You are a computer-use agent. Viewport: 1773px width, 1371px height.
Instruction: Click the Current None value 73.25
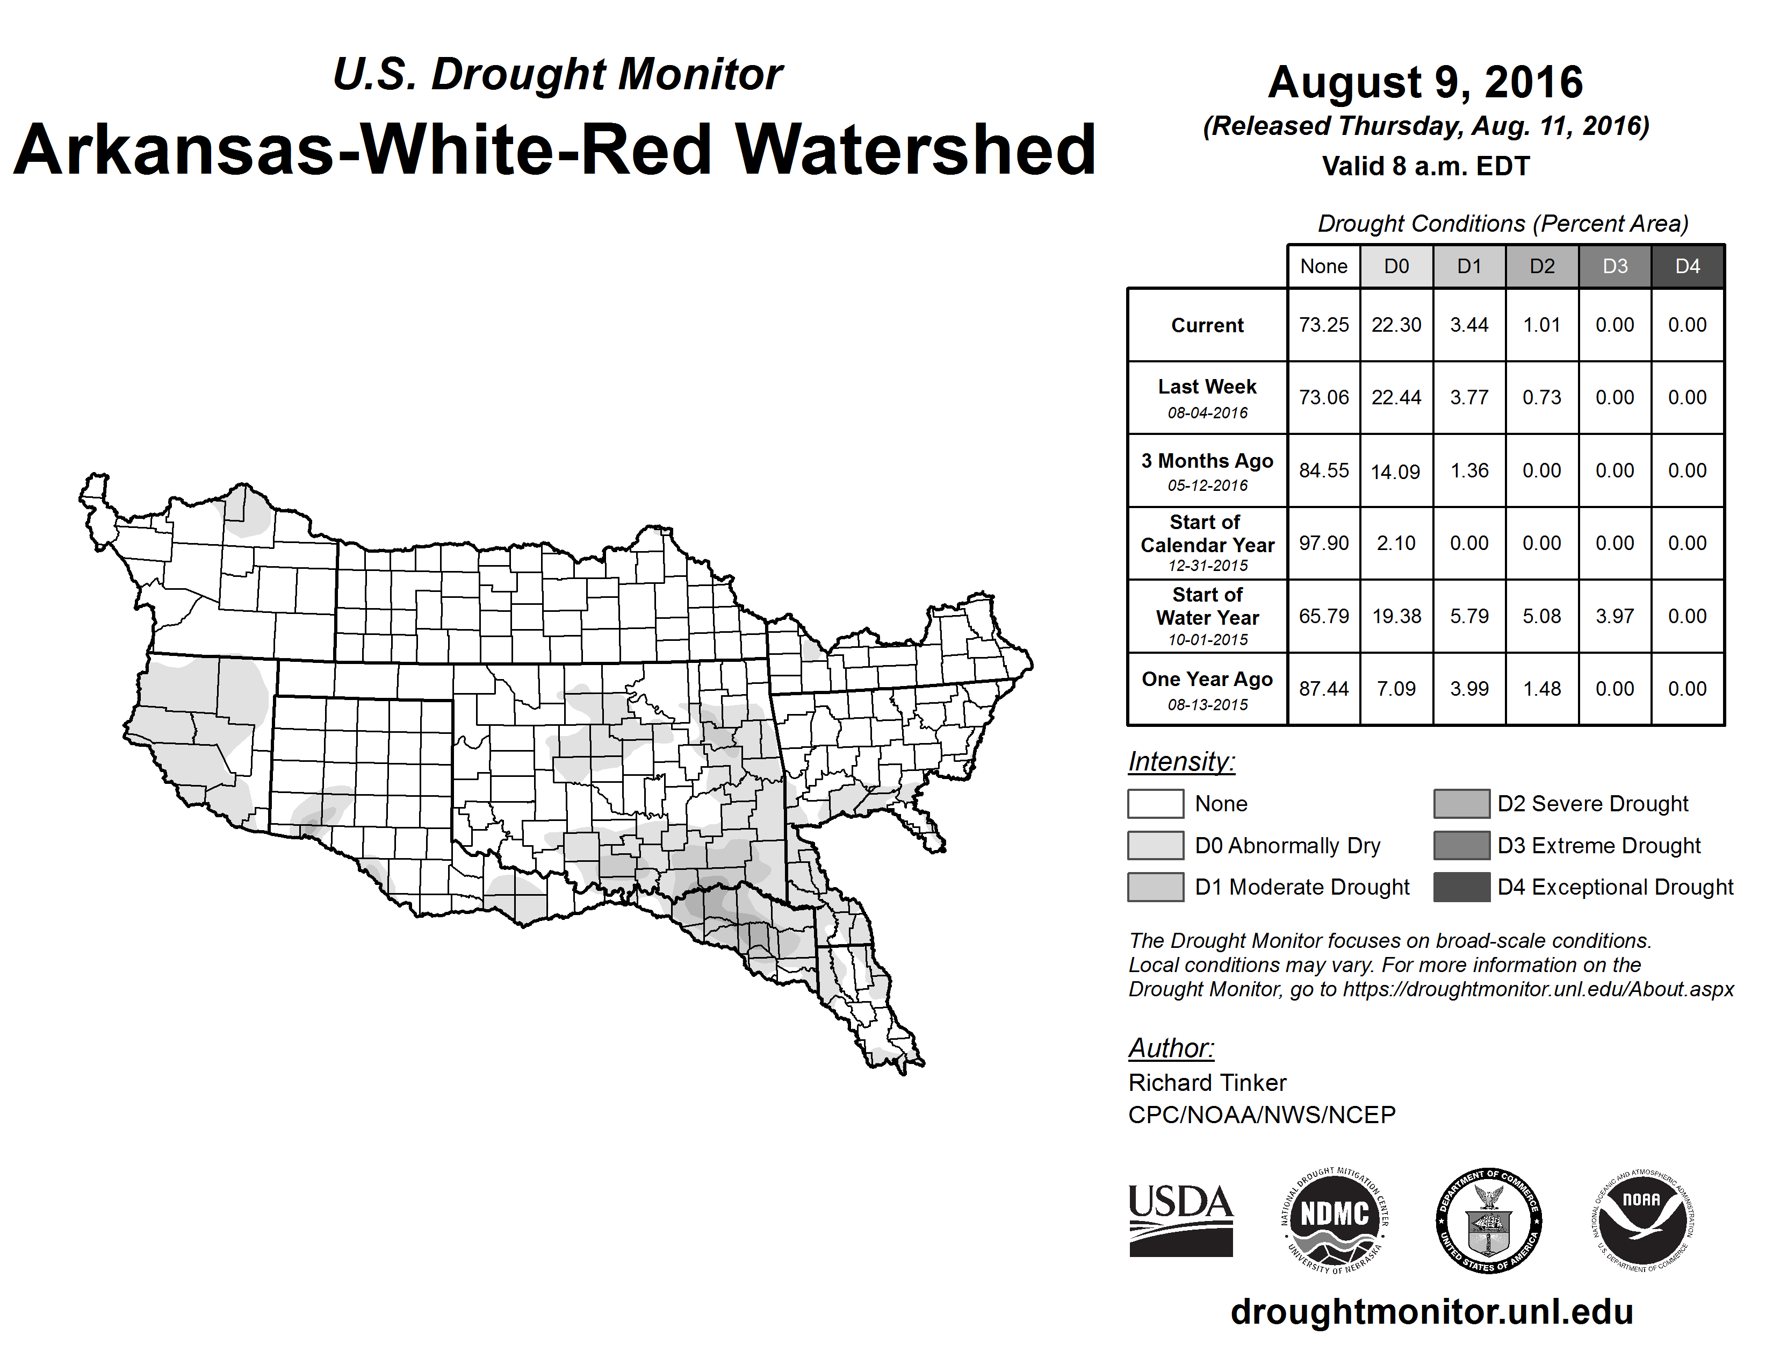tap(1323, 325)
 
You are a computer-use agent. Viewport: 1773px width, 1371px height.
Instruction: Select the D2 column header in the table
tap(1541, 266)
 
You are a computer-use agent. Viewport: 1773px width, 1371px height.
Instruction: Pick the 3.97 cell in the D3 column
tap(1615, 617)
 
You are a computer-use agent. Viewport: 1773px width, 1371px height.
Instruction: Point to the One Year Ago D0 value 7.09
tap(1396, 689)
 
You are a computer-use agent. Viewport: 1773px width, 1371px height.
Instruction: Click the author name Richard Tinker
tap(1207, 1083)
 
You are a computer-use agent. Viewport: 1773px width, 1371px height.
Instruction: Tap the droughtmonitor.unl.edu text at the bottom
tap(1431, 1312)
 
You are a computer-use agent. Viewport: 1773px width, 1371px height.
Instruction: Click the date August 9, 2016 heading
tap(1425, 82)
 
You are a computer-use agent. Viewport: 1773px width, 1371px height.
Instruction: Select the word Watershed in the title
tap(916, 150)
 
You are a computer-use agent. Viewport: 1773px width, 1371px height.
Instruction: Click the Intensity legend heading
tap(1181, 762)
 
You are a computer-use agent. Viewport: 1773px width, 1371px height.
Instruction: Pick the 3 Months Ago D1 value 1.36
tap(1469, 471)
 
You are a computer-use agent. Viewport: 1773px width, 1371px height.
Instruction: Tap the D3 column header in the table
tap(1615, 266)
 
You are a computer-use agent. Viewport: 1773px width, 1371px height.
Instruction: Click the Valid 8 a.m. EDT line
tap(1425, 167)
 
